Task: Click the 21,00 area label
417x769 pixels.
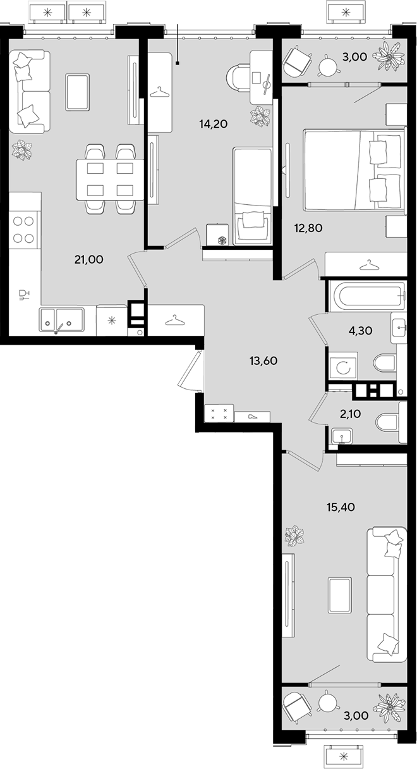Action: coord(89,259)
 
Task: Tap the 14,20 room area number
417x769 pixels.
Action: coord(214,123)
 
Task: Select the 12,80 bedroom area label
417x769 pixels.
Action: coord(308,228)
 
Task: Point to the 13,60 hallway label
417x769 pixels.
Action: coord(263,361)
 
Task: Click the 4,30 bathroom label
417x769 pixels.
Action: coord(360,331)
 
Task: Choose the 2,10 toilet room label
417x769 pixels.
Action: coord(350,414)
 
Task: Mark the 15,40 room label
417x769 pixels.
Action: coord(341,507)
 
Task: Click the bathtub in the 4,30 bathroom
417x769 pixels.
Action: coord(367,295)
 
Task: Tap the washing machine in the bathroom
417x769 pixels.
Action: coord(343,366)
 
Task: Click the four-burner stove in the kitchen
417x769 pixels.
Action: coord(23,230)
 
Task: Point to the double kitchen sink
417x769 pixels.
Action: coord(62,319)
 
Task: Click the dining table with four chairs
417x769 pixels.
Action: coord(110,179)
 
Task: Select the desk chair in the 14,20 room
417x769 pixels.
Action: coord(238,78)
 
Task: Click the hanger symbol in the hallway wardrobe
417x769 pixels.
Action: coord(174,319)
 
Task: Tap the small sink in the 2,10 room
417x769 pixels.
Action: coord(342,436)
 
